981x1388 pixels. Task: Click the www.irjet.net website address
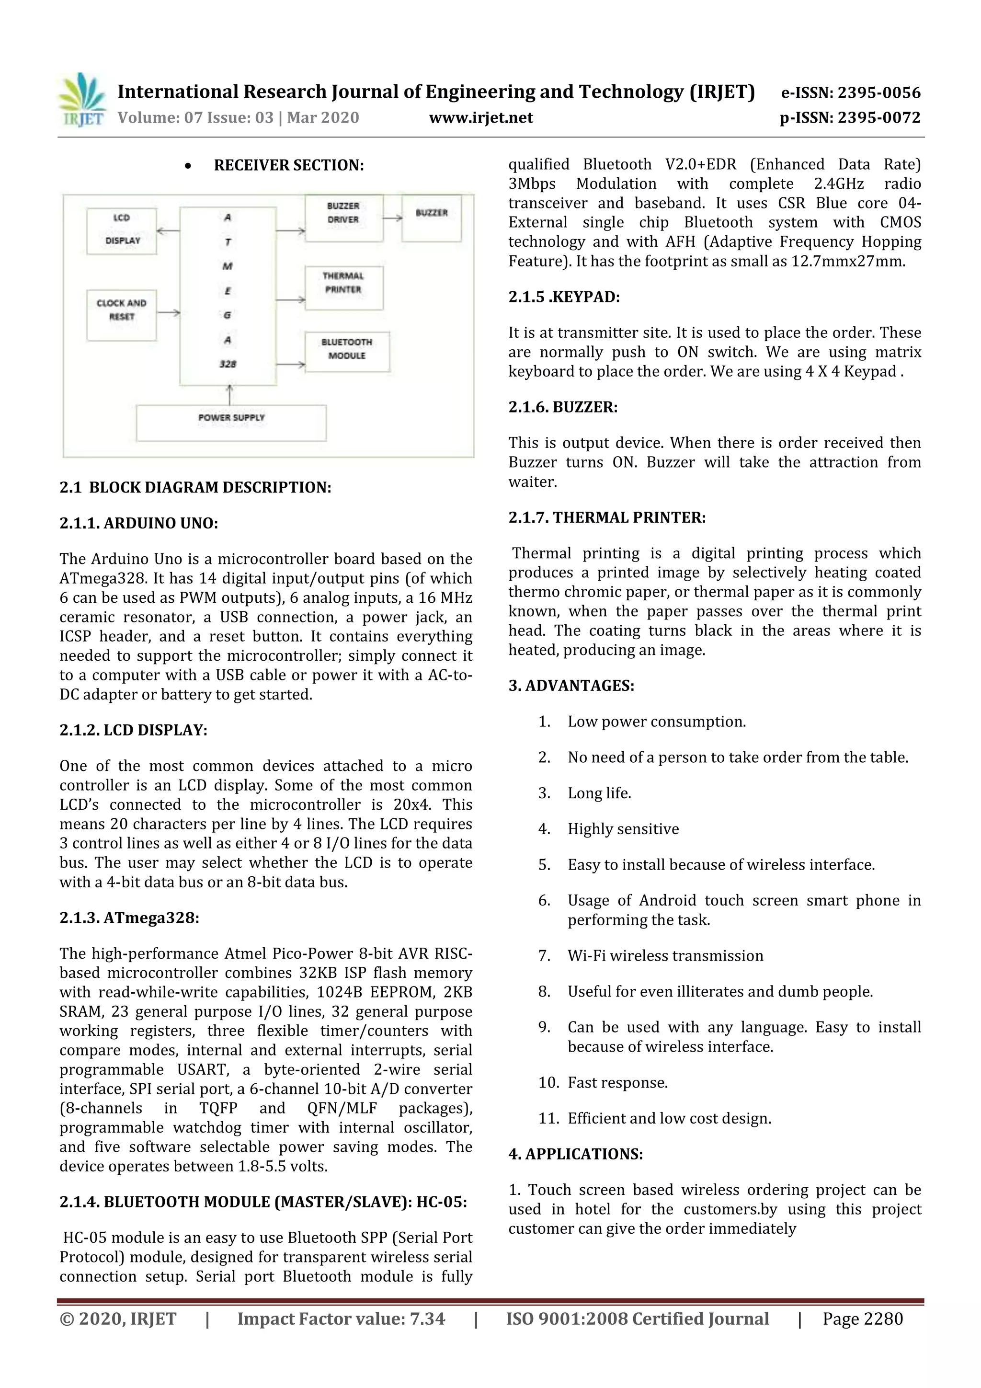tap(480, 117)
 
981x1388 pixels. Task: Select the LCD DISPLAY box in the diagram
tap(122, 230)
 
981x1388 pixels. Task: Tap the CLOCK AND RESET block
tap(122, 315)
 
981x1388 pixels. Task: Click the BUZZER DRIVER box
tap(343, 218)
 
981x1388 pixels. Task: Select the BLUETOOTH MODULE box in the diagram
tap(347, 351)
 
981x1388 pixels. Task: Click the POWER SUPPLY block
tap(231, 423)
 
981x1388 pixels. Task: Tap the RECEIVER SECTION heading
tap(288, 165)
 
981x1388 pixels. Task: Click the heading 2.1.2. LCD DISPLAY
tap(133, 730)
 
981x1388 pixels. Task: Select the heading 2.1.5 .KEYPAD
tap(563, 297)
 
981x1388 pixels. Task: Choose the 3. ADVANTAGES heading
tap(570, 686)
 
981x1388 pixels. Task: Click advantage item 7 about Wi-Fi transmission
tap(664, 956)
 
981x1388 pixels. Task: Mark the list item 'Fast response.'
tap(616, 1083)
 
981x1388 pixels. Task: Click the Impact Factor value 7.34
tap(341, 1319)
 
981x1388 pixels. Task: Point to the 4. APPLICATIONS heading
tap(575, 1154)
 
